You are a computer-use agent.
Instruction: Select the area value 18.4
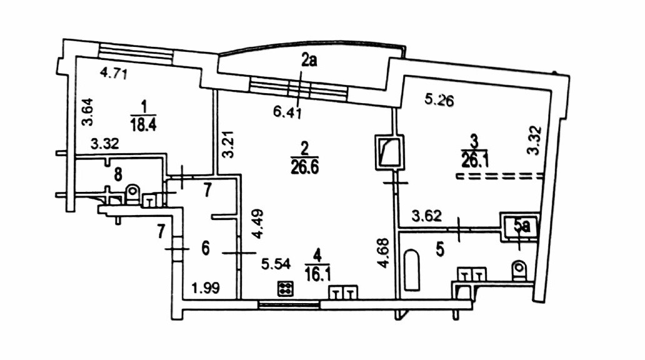point(142,122)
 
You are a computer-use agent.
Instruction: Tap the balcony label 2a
point(309,61)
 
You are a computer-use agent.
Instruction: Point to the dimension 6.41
point(287,112)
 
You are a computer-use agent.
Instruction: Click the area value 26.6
point(304,166)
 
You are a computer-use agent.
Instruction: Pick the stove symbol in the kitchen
point(286,289)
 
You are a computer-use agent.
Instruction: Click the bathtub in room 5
point(411,270)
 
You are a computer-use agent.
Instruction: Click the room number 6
point(205,248)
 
